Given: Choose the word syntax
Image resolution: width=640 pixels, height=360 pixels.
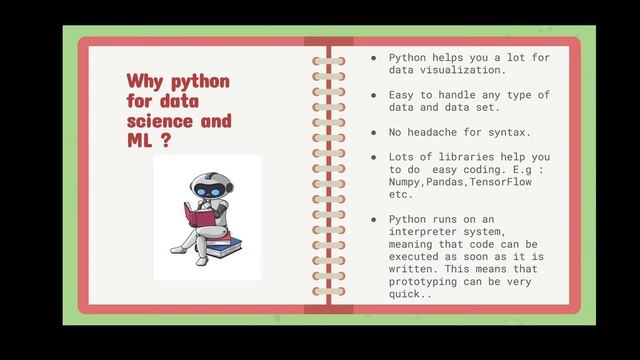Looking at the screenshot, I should (x=524, y=132).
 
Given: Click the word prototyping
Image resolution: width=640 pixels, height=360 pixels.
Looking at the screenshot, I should (x=428, y=281).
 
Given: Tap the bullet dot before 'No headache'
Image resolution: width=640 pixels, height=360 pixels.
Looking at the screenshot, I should (x=374, y=132).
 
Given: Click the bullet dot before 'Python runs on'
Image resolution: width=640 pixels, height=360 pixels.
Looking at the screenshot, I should (x=374, y=219).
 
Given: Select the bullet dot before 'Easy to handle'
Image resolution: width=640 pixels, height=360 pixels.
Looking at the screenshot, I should (x=374, y=95).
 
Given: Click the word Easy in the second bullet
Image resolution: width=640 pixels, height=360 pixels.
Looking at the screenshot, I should (x=403, y=95).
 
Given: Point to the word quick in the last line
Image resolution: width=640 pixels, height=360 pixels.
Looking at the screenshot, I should (x=407, y=293).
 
